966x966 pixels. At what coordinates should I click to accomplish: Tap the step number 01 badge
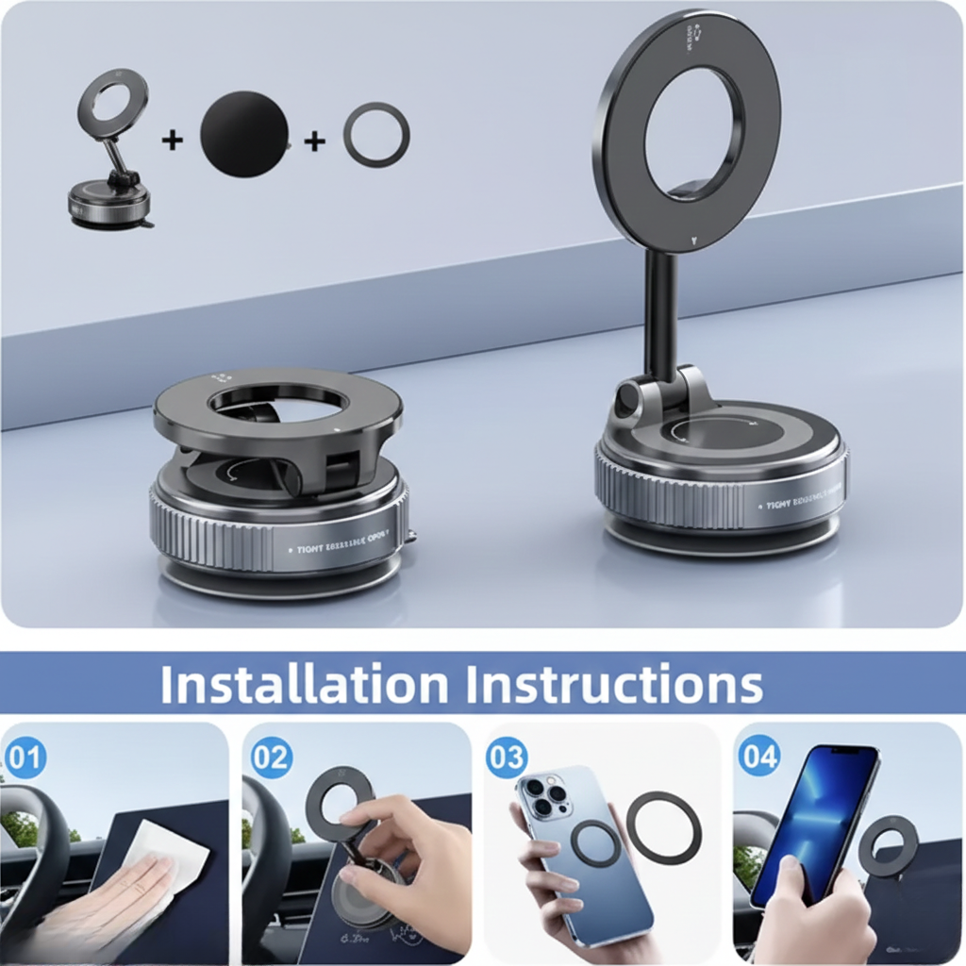25,758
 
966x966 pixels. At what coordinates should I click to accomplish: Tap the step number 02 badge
272,758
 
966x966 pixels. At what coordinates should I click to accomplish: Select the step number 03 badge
507,758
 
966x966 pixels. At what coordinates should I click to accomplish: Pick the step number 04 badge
759,758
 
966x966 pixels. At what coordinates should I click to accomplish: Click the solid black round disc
244,134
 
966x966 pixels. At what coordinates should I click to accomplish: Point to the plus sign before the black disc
172,140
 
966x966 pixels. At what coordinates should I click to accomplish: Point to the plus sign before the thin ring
314,141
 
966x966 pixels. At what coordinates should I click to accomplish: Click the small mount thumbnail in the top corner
110,151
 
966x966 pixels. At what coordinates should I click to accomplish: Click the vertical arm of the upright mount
660,311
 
